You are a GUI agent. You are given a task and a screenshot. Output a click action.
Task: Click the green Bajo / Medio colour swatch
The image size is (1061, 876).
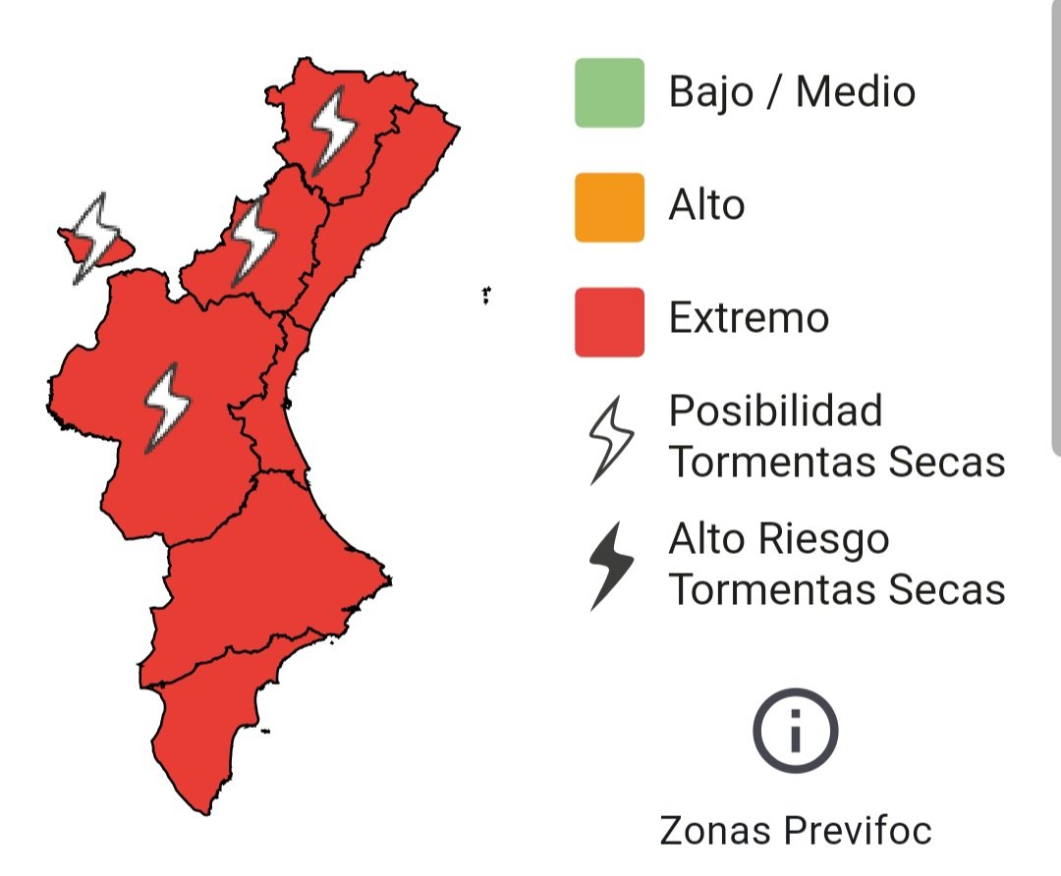tap(609, 92)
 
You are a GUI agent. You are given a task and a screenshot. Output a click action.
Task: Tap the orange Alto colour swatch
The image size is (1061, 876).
tap(609, 206)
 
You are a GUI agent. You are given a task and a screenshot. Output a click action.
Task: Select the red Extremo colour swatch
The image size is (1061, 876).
tap(609, 321)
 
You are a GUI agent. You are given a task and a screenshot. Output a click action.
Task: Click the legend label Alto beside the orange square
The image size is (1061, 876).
tap(706, 205)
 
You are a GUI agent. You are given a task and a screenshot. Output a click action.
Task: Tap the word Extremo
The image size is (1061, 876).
tap(749, 318)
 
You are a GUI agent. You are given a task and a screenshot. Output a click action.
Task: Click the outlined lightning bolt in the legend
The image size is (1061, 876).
tap(610, 439)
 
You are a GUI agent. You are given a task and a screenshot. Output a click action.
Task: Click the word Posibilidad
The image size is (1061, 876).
tap(775, 411)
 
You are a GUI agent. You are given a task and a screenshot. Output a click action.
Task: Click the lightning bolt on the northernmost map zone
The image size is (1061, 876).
tap(333, 130)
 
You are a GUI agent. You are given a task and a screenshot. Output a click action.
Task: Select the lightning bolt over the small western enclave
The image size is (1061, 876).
tap(96, 236)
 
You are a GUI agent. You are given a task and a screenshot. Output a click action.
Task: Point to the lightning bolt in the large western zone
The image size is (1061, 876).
tap(166, 407)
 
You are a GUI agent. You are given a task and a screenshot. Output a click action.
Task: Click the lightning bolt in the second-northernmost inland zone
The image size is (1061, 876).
tap(253, 240)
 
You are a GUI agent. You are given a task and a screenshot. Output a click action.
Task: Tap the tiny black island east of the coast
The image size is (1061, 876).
tap(486, 294)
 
